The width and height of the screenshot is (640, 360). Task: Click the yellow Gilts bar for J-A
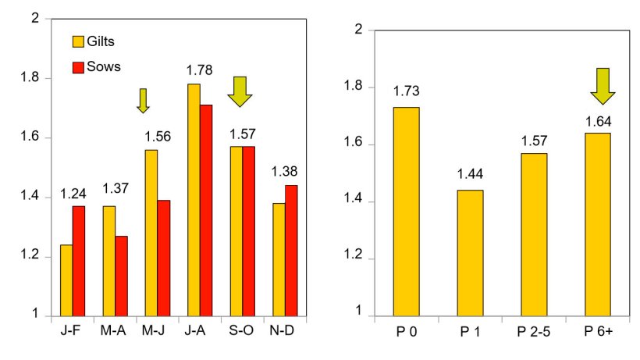193,200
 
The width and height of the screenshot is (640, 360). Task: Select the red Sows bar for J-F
79,261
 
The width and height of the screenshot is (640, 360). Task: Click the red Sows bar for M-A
121,276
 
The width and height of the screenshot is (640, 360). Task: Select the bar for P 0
406,212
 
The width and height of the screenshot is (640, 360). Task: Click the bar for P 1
470,253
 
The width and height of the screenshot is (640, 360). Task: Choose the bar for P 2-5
534,234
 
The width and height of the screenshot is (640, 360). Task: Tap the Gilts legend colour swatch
78,41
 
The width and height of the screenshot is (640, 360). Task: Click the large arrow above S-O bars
240,91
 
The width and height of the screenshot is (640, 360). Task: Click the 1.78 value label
199,70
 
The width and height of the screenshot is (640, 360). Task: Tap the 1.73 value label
406,92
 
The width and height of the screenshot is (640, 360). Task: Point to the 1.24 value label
73,194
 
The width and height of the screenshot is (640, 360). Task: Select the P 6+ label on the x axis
598,331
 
